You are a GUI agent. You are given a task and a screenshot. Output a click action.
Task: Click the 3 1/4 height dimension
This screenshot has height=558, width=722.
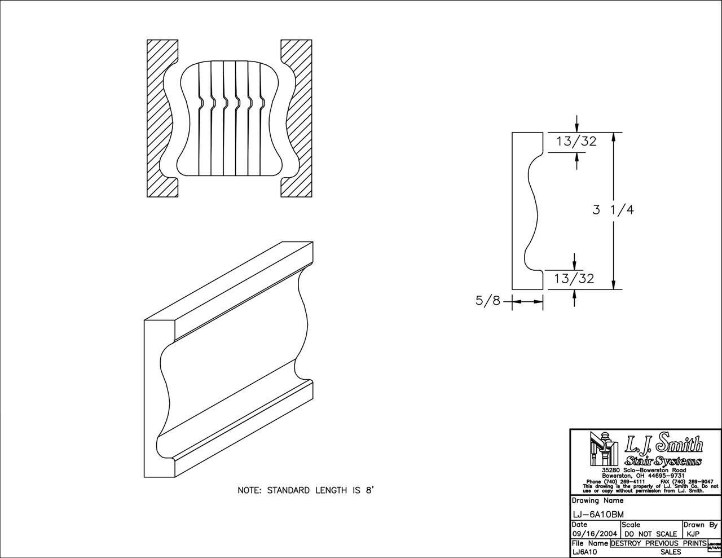613,210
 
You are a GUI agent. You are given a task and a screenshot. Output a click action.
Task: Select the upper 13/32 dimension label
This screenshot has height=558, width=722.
576,141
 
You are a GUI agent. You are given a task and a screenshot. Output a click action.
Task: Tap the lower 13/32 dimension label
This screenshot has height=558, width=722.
574,278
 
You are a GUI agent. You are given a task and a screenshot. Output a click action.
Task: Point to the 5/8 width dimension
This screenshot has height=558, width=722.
488,301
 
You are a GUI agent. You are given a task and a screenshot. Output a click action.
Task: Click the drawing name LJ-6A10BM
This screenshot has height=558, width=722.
593,515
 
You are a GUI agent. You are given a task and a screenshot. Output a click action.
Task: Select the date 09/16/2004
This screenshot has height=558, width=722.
595,534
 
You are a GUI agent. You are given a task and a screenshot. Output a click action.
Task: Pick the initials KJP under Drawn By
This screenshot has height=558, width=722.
693,534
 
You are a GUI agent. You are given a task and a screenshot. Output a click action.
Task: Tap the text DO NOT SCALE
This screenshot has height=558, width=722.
651,534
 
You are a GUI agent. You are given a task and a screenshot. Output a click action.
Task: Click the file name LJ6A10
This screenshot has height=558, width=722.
584,552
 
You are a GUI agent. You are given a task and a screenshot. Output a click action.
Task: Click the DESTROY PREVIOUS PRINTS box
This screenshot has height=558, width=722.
658,543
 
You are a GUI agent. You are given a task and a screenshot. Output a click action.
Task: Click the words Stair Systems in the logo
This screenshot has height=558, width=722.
663,461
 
